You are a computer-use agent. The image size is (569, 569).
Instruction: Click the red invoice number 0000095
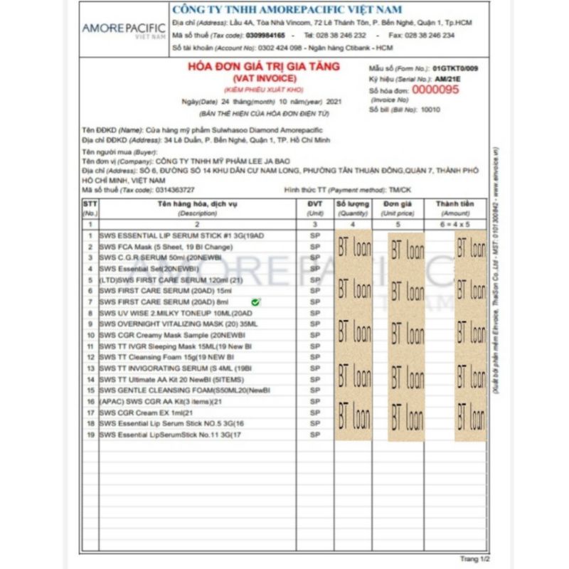coord(436,90)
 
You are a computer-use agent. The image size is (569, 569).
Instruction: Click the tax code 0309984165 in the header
coord(263,35)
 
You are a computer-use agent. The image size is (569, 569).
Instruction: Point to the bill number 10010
coord(431,110)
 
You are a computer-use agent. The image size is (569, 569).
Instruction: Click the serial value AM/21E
coord(447,78)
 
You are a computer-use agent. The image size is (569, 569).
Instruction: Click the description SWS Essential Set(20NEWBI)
coord(150,269)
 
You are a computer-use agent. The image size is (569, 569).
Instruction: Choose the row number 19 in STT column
coord(90,434)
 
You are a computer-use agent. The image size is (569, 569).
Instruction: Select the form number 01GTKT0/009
coord(455,68)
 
